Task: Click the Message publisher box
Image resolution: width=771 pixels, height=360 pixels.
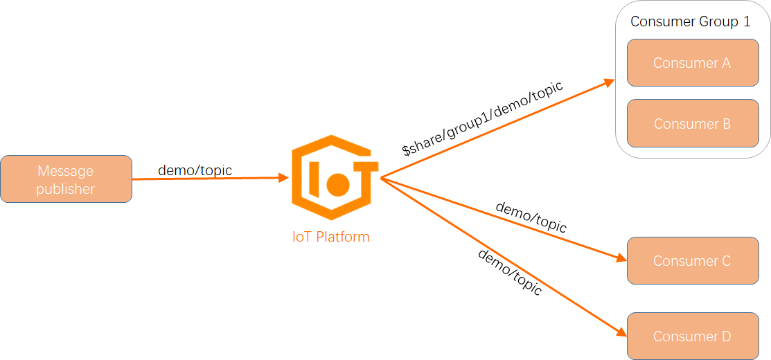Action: coord(66,179)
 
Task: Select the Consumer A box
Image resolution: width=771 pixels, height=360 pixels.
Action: coord(693,63)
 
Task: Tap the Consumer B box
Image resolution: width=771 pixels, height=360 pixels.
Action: coord(693,124)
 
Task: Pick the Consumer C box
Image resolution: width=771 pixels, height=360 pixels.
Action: coord(693,261)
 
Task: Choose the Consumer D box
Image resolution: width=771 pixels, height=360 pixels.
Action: coord(693,336)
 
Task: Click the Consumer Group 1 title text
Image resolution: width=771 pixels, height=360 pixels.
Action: coord(690,21)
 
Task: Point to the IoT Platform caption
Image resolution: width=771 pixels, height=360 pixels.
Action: coord(331,237)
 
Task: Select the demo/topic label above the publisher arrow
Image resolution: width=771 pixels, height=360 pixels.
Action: coord(195,170)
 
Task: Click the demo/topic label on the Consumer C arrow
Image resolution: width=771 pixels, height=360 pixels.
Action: coord(531,217)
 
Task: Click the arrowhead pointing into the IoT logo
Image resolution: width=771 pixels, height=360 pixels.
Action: coord(284,178)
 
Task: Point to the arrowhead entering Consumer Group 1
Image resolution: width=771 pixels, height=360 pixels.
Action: coord(610,82)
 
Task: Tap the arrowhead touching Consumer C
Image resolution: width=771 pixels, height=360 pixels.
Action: coord(621,259)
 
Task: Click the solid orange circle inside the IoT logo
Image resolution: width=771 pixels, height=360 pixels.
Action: coord(338,183)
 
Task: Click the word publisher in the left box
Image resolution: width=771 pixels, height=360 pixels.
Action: coord(66,189)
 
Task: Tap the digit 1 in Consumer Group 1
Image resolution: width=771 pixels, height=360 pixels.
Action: coord(747,21)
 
